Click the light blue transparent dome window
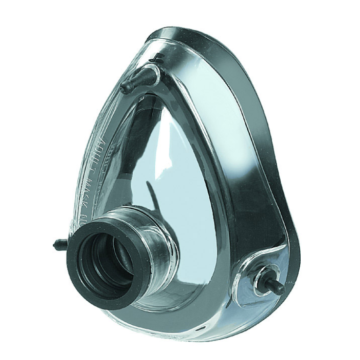coord(181,162)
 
